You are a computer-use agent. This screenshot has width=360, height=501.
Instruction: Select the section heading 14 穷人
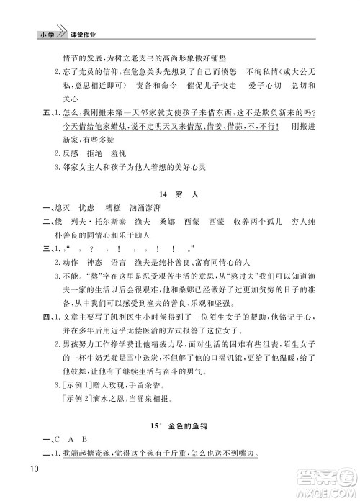point(179,194)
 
